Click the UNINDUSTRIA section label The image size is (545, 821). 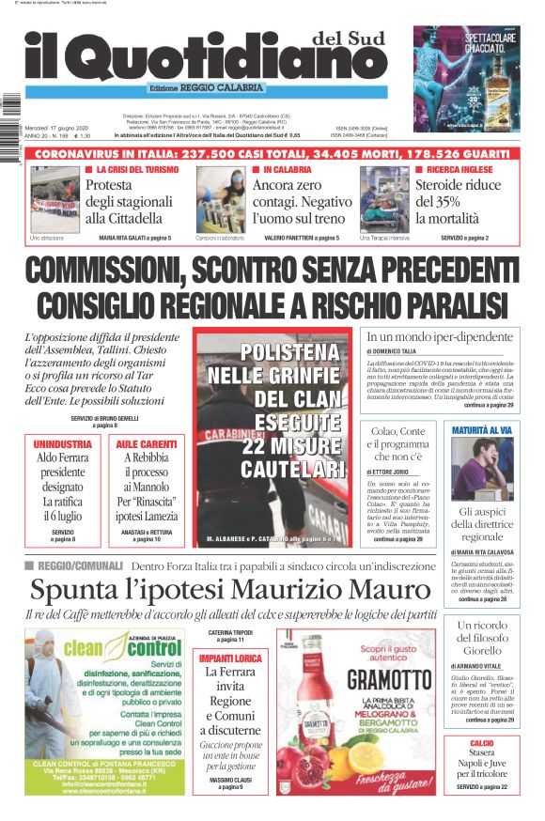(x=63, y=443)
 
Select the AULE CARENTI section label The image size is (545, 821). (x=146, y=443)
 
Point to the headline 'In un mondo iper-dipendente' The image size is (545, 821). (x=439, y=336)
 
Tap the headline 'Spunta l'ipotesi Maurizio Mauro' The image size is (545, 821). (x=216, y=590)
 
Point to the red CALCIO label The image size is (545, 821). (x=482, y=743)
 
